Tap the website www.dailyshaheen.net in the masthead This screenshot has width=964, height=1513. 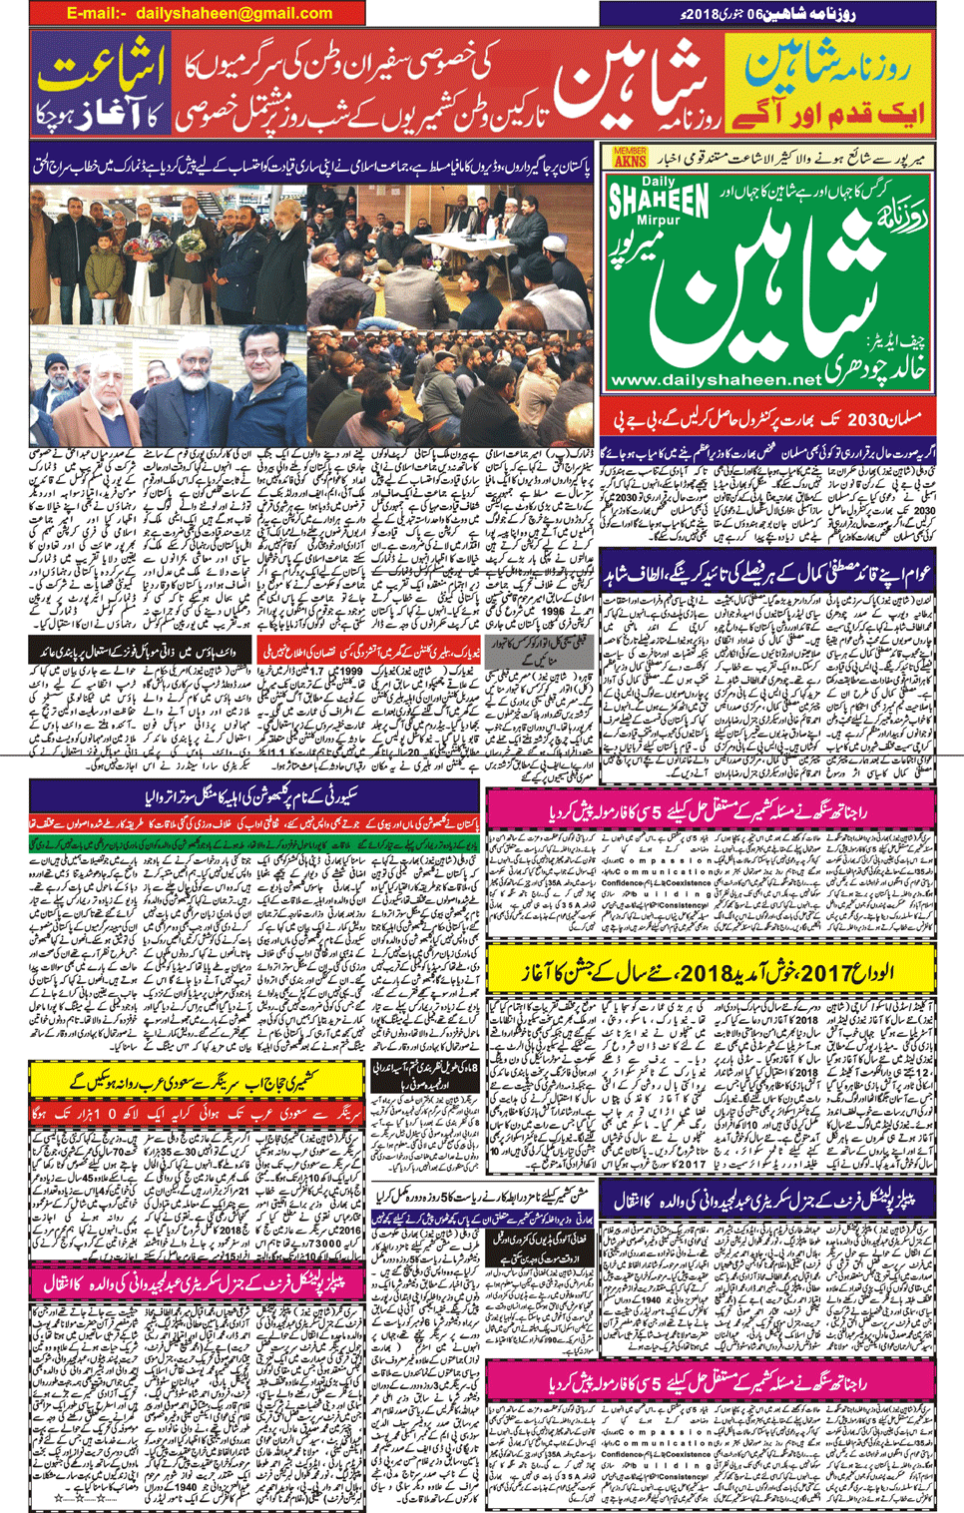[715, 380]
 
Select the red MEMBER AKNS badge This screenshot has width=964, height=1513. [630, 157]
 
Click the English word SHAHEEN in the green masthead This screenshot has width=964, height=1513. [659, 204]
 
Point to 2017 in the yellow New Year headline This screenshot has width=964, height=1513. [829, 972]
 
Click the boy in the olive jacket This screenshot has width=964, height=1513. [104, 267]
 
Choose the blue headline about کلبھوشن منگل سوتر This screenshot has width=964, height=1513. [255, 795]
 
